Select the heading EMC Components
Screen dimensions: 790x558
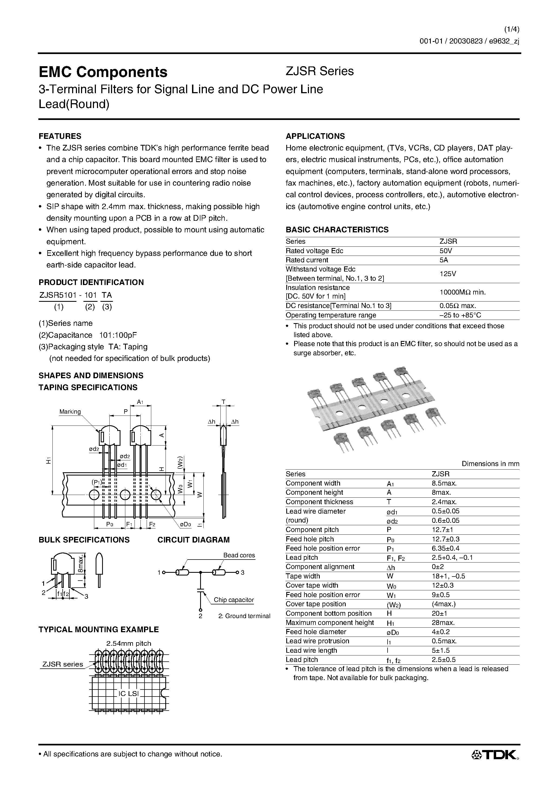(103, 72)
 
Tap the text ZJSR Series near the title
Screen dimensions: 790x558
(320, 71)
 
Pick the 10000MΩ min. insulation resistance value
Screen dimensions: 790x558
(462, 292)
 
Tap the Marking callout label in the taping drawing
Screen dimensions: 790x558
(70, 411)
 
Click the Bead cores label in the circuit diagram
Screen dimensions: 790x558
(239, 555)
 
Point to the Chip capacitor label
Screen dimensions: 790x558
(234, 600)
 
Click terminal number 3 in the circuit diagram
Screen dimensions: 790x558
(243, 573)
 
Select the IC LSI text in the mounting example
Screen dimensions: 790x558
(128, 693)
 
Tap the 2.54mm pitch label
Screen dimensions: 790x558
(129, 643)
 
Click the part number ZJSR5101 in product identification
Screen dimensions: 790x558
(57, 295)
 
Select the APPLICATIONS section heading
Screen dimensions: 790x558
(315, 136)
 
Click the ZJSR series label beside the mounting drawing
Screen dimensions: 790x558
(63, 664)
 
